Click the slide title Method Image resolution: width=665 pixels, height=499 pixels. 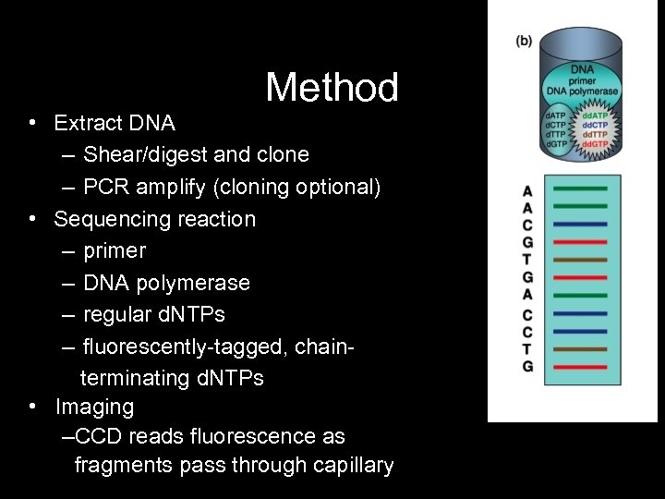click(x=332, y=88)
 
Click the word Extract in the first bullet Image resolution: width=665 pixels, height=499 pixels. click(x=85, y=123)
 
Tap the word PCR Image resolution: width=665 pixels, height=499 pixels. click(x=103, y=187)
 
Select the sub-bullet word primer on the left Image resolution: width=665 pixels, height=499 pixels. click(x=115, y=250)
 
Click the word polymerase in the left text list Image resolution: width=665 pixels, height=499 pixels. click(x=199, y=283)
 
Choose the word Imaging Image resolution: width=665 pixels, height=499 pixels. click(x=94, y=407)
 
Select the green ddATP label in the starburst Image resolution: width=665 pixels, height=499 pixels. click(x=596, y=114)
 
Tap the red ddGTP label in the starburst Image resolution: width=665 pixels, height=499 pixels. click(x=596, y=144)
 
